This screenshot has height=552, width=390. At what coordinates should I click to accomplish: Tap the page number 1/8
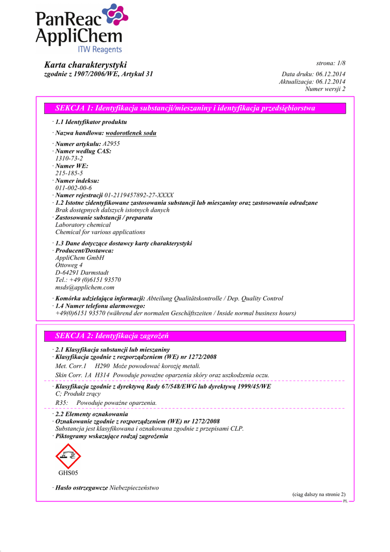(338, 64)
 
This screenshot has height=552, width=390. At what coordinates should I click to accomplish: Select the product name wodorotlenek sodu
(131, 133)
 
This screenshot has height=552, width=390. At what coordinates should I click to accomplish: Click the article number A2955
(112, 144)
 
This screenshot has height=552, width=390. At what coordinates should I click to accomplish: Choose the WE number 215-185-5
(69, 174)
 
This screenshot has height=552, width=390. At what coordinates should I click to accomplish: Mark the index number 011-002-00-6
(73, 188)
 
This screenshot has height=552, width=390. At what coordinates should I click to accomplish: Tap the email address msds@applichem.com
(85, 287)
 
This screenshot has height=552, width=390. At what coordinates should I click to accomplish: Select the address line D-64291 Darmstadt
(82, 272)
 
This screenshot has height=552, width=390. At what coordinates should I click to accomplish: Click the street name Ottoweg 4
(69, 265)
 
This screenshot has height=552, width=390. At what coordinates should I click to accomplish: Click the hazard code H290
(102, 366)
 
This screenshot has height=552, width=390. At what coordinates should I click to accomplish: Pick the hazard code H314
(103, 375)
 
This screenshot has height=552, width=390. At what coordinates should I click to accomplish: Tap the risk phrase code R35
(62, 403)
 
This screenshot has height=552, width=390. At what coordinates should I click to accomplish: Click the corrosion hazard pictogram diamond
(68, 456)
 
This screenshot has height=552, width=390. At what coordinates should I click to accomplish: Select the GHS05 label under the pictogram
(68, 473)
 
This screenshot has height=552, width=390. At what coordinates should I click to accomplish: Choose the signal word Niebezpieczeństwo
(135, 488)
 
